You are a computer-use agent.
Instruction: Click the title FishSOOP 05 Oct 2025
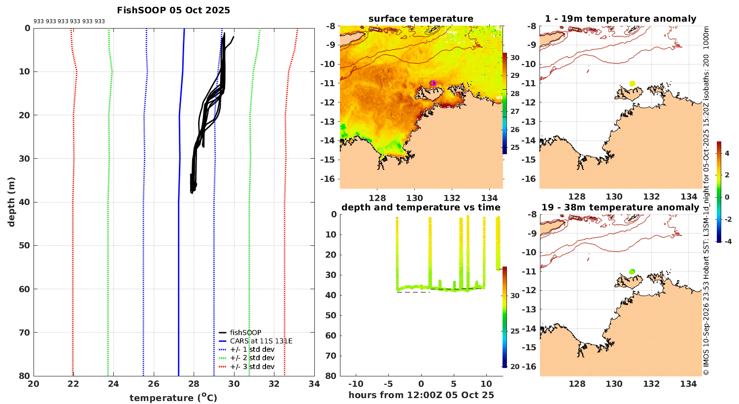click(173, 10)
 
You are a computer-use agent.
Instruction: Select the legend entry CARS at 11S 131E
click(256, 341)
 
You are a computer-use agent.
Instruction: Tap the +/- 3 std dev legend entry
click(247, 367)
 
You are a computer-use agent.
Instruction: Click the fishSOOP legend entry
click(240, 333)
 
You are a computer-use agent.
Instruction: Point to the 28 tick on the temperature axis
click(194, 384)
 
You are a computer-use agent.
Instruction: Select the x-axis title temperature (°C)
click(173, 397)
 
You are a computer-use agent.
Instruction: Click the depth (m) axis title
click(11, 202)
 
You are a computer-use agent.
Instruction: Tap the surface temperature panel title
click(421, 19)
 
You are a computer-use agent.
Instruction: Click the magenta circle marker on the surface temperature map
click(433, 83)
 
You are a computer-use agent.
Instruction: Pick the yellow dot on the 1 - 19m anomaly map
click(632, 84)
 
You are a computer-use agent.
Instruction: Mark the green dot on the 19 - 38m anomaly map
click(632, 272)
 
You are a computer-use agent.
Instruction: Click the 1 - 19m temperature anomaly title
click(621, 19)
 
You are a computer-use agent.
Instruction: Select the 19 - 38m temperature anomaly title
click(620, 207)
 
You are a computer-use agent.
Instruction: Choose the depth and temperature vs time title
click(421, 207)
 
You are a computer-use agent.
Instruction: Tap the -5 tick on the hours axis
click(388, 384)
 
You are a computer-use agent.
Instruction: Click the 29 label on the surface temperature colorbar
click(515, 75)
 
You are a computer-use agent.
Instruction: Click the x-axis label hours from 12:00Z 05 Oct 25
click(421, 395)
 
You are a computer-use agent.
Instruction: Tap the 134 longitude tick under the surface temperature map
click(489, 198)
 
